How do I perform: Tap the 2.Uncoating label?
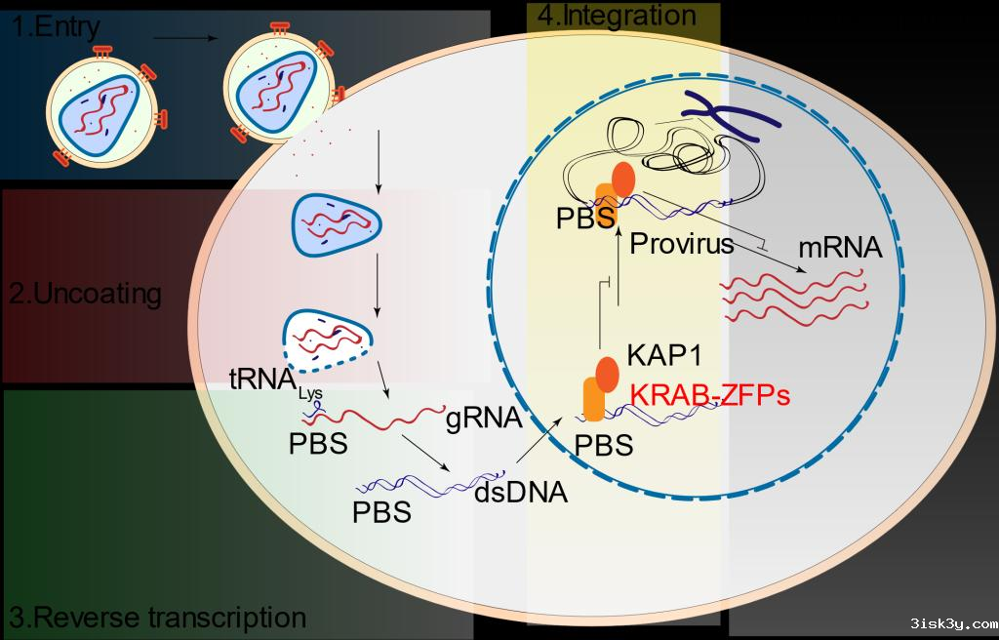[x=86, y=294]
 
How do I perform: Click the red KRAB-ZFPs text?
[x=709, y=396]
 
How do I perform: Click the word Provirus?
[x=681, y=243]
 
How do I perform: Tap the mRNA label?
[x=840, y=248]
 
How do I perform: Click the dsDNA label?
[x=520, y=492]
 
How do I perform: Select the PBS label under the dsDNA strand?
[x=381, y=511]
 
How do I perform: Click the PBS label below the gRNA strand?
[x=318, y=443]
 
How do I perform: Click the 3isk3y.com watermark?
[x=952, y=622]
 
